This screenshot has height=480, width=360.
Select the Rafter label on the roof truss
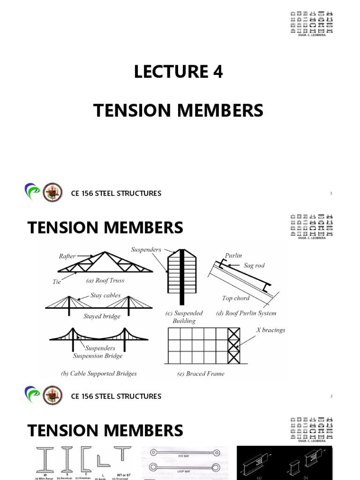click(x=67, y=256)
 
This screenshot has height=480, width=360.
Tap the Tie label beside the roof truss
click(x=57, y=282)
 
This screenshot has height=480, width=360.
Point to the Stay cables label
click(x=105, y=296)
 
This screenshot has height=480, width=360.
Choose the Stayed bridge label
click(x=102, y=316)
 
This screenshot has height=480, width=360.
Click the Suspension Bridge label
click(x=97, y=356)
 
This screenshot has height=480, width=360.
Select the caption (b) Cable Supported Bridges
click(x=99, y=374)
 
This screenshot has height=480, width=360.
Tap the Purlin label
click(x=233, y=255)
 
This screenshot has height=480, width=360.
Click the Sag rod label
click(x=254, y=265)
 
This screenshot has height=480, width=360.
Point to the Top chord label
click(x=236, y=298)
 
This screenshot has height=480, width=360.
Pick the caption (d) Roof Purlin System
click(x=246, y=313)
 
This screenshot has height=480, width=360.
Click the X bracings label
click(x=270, y=330)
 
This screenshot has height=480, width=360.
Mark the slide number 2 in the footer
click(x=331, y=396)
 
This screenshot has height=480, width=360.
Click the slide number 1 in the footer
click(x=331, y=193)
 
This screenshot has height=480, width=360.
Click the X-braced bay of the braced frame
click(x=233, y=345)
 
